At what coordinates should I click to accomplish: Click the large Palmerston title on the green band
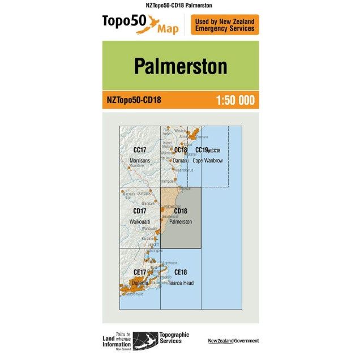point(180,66)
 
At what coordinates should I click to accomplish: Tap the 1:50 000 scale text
point(235,101)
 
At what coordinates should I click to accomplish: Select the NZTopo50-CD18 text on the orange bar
point(134,101)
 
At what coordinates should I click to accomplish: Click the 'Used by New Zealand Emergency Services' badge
point(225,25)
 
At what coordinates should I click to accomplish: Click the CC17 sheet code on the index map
point(140,150)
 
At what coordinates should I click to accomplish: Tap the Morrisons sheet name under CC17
point(140,161)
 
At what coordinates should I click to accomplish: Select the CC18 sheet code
point(181,150)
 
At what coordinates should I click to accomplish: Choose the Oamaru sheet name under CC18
point(180,161)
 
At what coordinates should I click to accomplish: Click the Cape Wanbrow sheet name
point(208,161)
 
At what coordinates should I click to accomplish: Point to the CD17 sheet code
point(140,211)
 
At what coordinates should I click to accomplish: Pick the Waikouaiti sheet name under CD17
point(140,221)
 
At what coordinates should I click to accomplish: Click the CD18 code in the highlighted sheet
point(181,211)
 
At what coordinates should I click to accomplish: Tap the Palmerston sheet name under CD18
point(181,221)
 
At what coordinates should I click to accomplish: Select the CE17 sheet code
point(140,272)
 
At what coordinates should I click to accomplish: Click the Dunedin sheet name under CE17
point(139,282)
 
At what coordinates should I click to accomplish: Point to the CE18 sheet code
point(181,272)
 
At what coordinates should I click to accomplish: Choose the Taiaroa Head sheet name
point(181,282)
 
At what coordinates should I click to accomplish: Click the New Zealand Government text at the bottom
point(233,341)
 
